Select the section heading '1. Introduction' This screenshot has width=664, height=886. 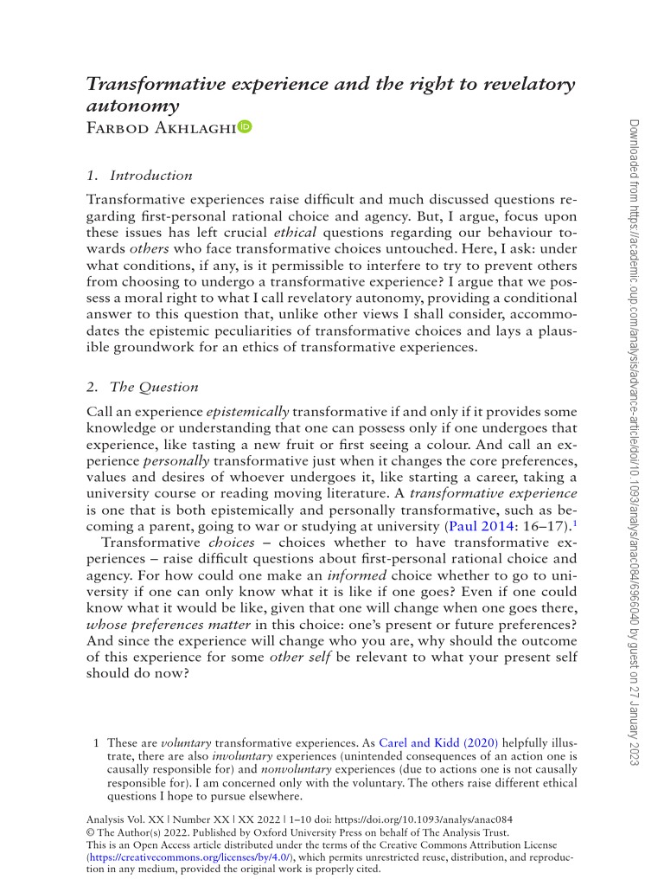pos(140,176)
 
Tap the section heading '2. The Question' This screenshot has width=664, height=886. pos(143,387)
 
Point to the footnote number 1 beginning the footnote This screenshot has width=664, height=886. pos(96,743)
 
